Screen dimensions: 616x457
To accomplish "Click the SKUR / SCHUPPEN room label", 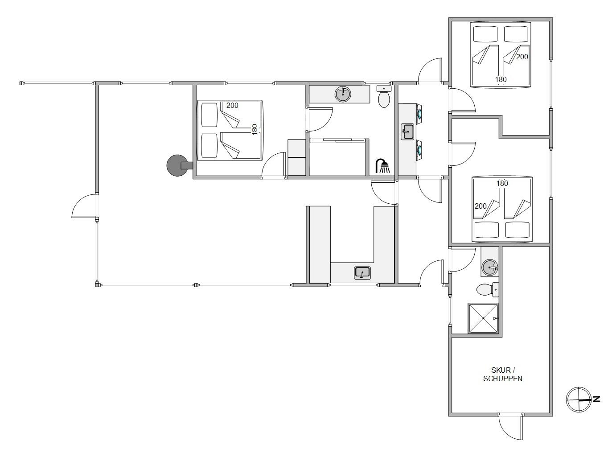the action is coord(503,374).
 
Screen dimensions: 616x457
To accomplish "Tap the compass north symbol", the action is coord(579,399).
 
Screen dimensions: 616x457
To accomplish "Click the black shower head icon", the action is coord(383,166).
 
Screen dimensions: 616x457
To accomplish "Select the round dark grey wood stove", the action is coord(179,165).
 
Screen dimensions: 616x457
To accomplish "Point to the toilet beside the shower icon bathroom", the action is coord(384,96).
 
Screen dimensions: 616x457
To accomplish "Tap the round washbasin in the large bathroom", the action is coord(343,94).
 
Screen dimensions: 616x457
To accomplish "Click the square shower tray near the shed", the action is coord(483,318).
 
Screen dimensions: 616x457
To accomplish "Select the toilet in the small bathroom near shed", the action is coord(488,289).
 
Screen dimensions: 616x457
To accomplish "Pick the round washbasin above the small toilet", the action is coord(490,268).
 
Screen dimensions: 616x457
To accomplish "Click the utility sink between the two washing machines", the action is coord(407,132).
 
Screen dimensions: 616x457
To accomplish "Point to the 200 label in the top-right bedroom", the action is coord(522,57).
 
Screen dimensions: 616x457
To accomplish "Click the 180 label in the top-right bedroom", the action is coord(501,79).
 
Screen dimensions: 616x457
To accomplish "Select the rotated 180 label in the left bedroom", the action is coord(255,129).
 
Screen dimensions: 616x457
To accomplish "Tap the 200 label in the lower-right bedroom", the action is coord(481,206).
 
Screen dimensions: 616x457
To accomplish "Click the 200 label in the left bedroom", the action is coord(232,105).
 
